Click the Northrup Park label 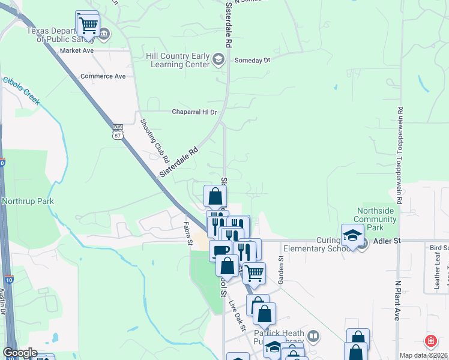[28, 201]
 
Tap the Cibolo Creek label [22, 91]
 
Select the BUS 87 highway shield [118, 131]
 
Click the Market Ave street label [77, 51]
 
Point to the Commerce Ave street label [103, 76]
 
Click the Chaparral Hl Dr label [194, 112]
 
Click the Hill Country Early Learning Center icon [218, 59]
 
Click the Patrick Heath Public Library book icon [312, 335]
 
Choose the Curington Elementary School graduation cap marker [352, 235]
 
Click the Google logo [20, 353]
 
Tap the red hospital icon [430, 341]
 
